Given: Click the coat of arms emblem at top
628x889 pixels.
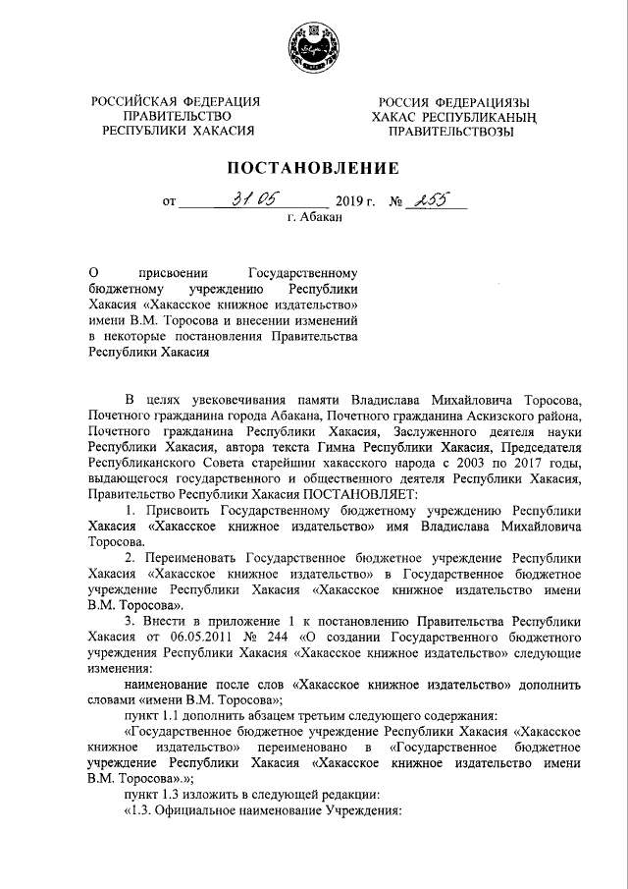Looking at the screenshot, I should [314, 46].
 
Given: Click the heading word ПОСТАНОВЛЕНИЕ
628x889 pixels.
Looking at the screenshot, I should [314, 167].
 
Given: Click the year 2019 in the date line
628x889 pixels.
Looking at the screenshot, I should [351, 203].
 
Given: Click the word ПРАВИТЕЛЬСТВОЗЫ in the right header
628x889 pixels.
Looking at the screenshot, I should [449, 133].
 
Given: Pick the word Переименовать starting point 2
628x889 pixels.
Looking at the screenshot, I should [192, 556].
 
